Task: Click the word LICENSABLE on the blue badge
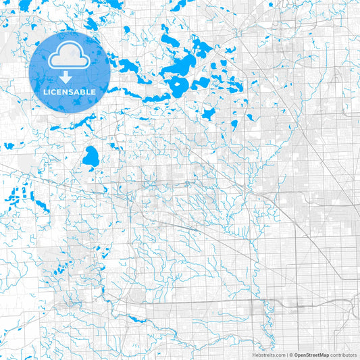pyautogui.click(x=70, y=91)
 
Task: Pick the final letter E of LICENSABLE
pyautogui.click(x=93, y=91)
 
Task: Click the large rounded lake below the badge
pyautogui.click(x=91, y=157)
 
